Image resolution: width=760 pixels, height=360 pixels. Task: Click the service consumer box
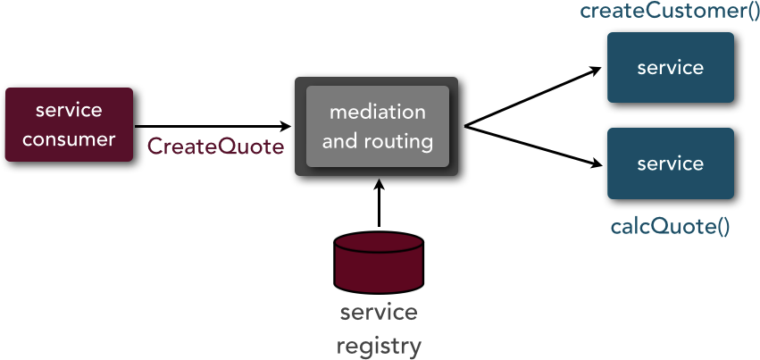coord(69,124)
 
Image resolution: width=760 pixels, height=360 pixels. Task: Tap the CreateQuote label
coord(216,147)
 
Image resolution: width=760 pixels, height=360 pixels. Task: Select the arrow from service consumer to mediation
coord(213,127)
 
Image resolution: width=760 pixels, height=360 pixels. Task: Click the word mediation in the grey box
coord(378,112)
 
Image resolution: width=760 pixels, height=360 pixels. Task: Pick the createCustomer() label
coord(670,11)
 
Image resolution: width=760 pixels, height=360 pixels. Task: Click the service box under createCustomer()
coord(671,67)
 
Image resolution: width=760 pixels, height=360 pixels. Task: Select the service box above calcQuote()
coord(671,163)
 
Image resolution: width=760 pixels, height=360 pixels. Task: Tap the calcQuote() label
coord(670,227)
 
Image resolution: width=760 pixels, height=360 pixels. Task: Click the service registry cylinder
coord(379,263)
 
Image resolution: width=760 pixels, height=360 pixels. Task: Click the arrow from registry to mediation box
coord(379,203)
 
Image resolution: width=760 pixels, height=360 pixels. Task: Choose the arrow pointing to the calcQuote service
coord(533,147)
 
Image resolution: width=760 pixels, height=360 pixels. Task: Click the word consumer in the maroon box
coord(69,139)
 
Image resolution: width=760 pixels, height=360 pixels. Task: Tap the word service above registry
coord(379,313)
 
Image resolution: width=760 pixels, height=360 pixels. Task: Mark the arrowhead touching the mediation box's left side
coord(286,127)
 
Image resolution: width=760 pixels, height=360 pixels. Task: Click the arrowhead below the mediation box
coord(379,184)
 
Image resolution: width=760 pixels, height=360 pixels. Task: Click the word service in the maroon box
coord(69,110)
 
